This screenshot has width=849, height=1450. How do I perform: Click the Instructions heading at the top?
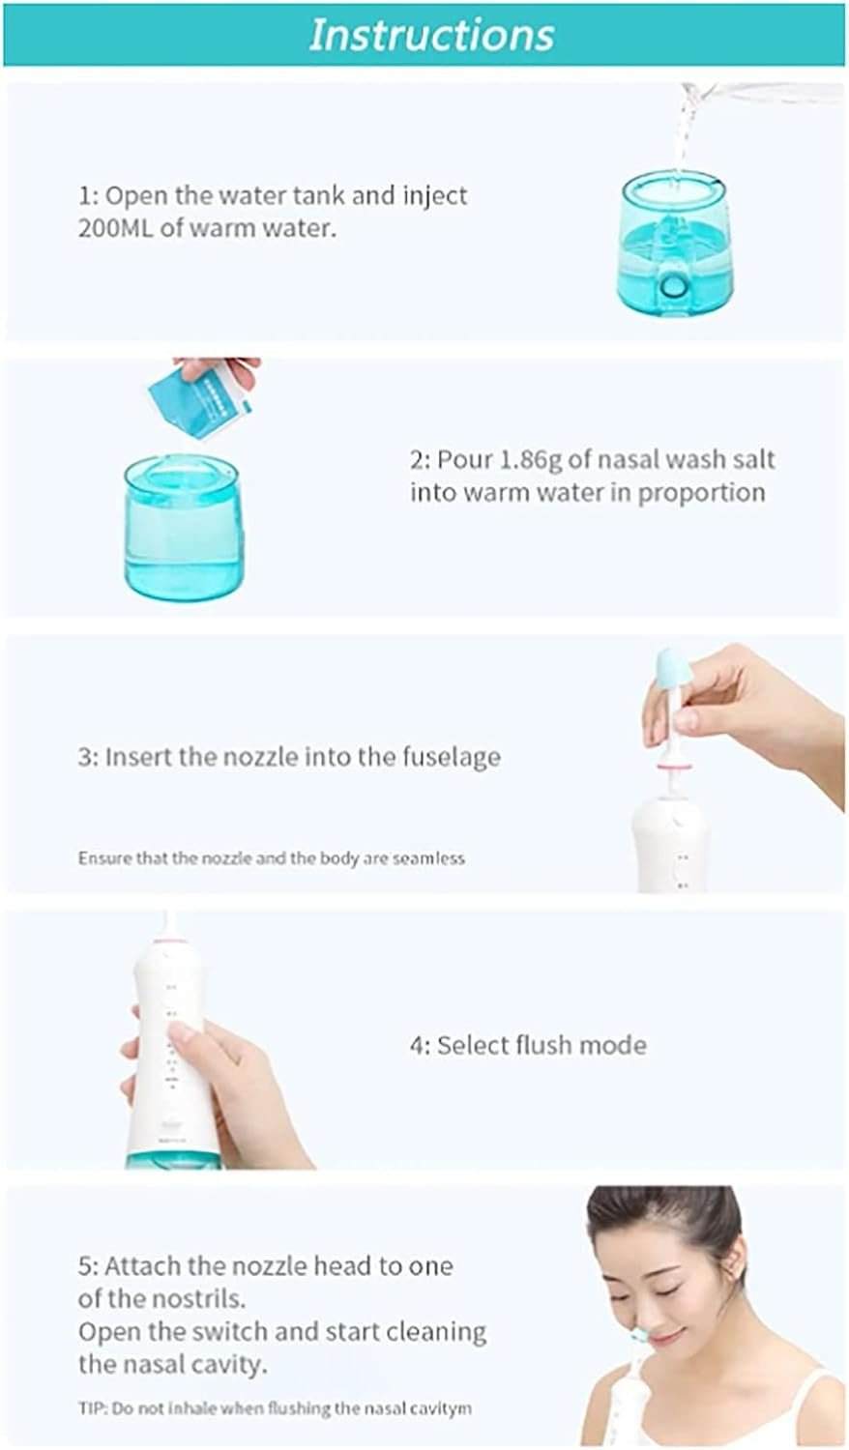(x=431, y=34)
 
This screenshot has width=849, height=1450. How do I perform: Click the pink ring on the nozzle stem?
(x=675, y=768)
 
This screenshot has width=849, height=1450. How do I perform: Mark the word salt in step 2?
(x=752, y=459)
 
